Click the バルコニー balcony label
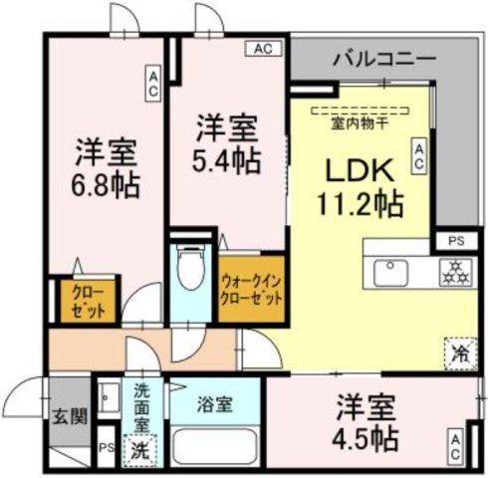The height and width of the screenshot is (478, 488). (x=383, y=59)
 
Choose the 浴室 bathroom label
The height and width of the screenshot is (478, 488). (x=214, y=406)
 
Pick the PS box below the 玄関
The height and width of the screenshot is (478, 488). (x=106, y=446)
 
